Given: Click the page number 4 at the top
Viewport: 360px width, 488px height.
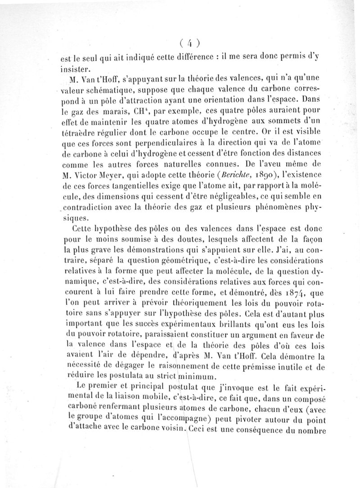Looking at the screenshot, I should tap(189, 44).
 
